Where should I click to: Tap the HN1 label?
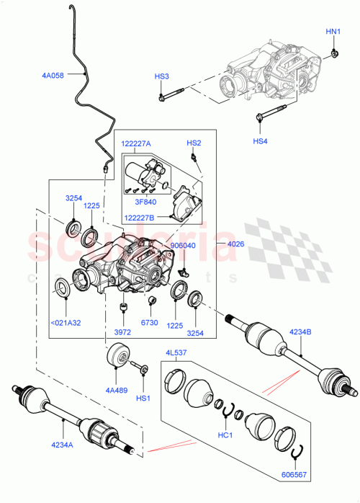point(333,32)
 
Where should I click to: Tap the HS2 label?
point(194,143)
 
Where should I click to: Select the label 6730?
point(149,324)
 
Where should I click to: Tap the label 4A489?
point(116,390)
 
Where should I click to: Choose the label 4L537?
point(177,353)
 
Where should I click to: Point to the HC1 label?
point(226,436)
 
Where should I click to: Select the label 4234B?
point(302,331)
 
